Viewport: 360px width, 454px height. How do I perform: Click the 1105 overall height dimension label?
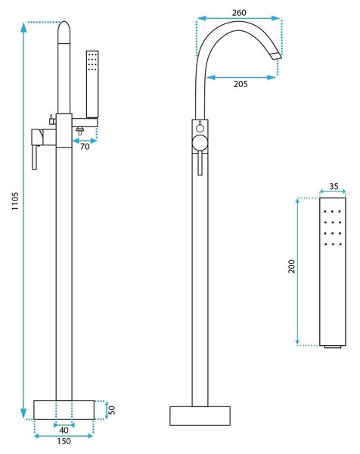(x=15, y=201)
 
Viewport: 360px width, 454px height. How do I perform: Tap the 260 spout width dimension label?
(x=239, y=13)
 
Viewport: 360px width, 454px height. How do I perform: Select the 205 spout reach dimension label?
(x=241, y=84)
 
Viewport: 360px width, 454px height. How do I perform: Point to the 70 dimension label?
(x=85, y=147)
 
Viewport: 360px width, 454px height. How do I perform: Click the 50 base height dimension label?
(x=112, y=409)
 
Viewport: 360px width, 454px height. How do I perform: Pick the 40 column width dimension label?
(x=64, y=430)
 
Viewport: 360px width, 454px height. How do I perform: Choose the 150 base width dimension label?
(x=64, y=441)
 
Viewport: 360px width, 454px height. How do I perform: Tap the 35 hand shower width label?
(x=334, y=186)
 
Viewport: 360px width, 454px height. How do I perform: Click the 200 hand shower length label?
(x=292, y=266)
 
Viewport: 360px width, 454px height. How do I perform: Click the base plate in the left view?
(x=64, y=409)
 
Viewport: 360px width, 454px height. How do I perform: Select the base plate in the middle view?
(x=200, y=415)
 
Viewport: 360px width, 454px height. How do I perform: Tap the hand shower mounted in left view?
(x=92, y=84)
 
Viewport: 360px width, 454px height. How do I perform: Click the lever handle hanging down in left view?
(x=35, y=157)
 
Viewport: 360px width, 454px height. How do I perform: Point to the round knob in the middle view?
(x=200, y=143)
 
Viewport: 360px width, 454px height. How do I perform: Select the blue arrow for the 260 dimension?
(x=239, y=18)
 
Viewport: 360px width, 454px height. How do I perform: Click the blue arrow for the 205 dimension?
(x=241, y=77)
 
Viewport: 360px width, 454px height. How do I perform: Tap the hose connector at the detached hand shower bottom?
(x=333, y=347)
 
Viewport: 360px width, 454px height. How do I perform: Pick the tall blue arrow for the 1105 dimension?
(x=23, y=221)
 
